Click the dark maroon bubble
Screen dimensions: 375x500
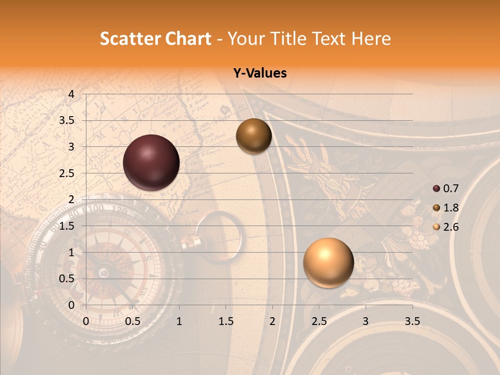coord(152,162)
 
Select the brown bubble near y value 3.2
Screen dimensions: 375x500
coord(254,136)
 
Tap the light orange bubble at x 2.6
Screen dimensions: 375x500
coord(329,262)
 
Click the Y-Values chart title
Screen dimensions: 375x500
coord(260,73)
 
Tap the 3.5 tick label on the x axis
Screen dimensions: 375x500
coord(413,321)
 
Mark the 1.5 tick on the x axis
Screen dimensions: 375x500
coord(226,321)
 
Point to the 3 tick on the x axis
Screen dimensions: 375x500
coord(366,321)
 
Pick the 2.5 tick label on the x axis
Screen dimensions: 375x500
coord(319,321)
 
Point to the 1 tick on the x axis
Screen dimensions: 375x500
coord(179,321)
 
